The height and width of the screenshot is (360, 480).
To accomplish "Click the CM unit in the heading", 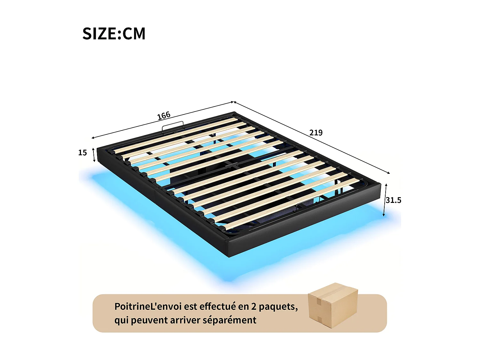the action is pos(134,34).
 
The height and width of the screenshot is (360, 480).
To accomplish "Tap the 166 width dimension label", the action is pos(164,116).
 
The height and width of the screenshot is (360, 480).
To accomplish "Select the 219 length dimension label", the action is pos(316,132).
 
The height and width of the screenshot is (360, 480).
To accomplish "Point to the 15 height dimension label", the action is pos(83,153).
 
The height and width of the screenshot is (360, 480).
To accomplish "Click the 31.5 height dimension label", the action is pos(393,200).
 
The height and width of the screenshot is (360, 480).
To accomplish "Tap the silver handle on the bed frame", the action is pos(172,125).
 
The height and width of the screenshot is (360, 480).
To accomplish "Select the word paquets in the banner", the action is pos(278,307).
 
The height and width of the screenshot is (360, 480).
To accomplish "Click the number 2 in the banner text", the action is pos(254,307).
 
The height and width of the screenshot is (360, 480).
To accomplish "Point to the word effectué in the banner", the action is pos(218,307).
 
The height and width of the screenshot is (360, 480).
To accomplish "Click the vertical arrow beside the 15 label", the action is pos(94,155).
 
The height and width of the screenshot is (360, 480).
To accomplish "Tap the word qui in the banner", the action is pos(121,320).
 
